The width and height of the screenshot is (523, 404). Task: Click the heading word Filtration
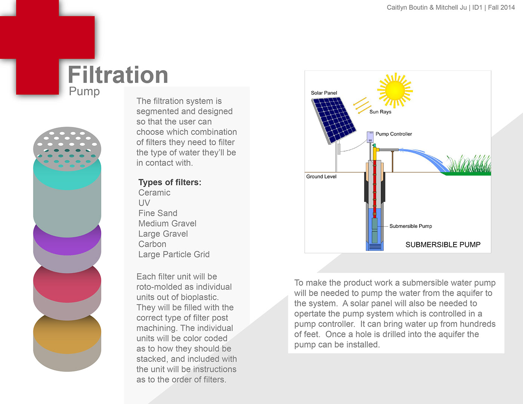[118, 75]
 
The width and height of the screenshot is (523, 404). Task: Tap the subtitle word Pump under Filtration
[84, 91]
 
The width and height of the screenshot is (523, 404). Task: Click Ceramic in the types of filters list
[154, 193]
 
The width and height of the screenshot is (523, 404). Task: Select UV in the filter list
[144, 203]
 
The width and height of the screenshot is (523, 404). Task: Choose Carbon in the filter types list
[152, 244]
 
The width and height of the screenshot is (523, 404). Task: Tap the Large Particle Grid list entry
[174, 255]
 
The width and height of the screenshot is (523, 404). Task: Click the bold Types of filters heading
[170, 182]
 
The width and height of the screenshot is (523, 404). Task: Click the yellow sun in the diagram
[395, 90]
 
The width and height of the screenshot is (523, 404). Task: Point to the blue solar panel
[334, 119]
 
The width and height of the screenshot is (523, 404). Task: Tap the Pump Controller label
[394, 134]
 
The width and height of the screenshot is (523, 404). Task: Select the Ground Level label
[321, 177]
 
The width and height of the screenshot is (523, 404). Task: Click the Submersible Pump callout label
[411, 226]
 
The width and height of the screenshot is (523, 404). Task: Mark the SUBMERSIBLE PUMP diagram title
[443, 245]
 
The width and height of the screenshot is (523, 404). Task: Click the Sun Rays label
[380, 112]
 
